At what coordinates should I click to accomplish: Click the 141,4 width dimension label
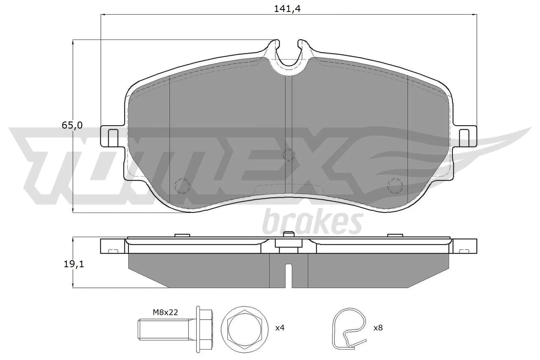tap(287, 9)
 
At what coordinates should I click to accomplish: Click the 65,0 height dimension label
tap(72, 125)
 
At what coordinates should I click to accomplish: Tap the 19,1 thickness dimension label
tap(74, 264)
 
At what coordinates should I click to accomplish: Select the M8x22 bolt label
tap(165, 312)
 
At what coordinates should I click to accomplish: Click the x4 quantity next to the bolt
tap(280, 328)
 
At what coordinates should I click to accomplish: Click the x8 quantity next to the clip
tap(378, 328)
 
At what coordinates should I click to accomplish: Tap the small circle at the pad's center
tap(288, 155)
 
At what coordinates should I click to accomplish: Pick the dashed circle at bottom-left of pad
tap(183, 185)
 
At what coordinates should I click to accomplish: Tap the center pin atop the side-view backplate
tap(288, 234)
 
